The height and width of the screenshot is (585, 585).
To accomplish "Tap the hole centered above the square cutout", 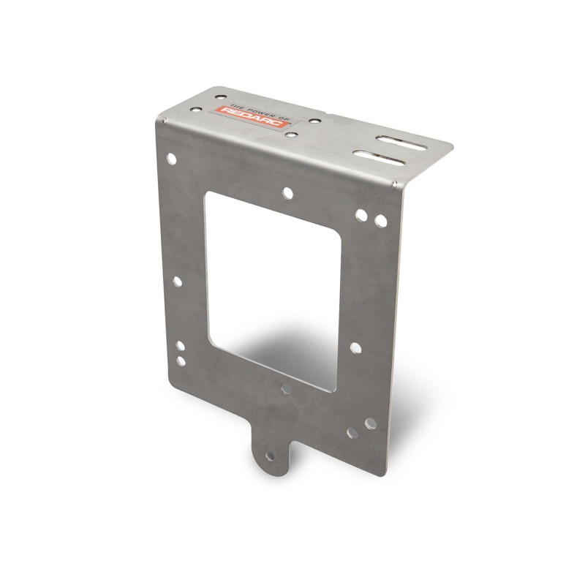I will coord(287,193).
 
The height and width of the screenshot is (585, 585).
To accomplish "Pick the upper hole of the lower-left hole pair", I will coord(179,347).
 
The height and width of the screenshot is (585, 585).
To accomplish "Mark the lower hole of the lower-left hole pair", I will coord(181,361).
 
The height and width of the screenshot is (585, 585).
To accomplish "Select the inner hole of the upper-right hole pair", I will coord(362,215).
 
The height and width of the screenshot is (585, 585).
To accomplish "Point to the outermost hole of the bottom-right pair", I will coord(369,423).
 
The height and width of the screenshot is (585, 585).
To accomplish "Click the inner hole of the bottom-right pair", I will coord(352,433).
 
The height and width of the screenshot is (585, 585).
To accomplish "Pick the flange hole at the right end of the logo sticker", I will coord(313,122).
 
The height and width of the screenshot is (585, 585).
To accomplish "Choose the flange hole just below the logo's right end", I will coord(291,135).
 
